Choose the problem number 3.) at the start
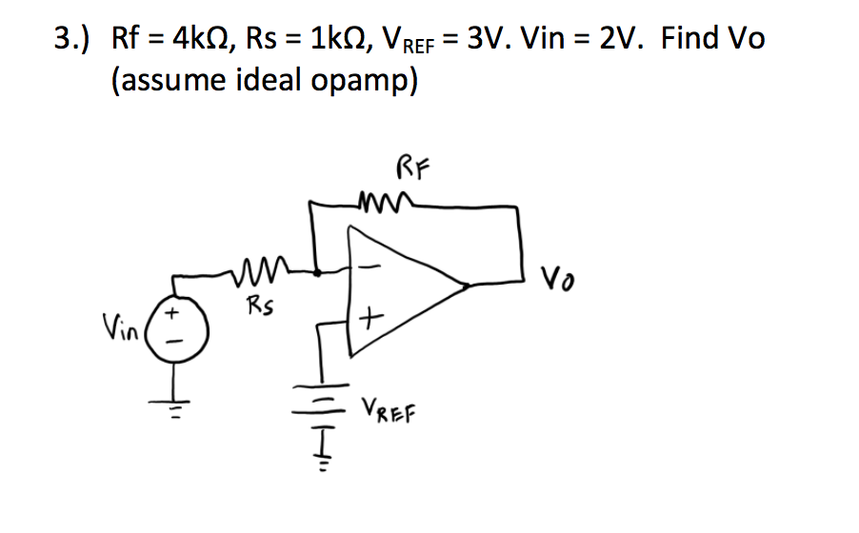(x=72, y=39)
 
